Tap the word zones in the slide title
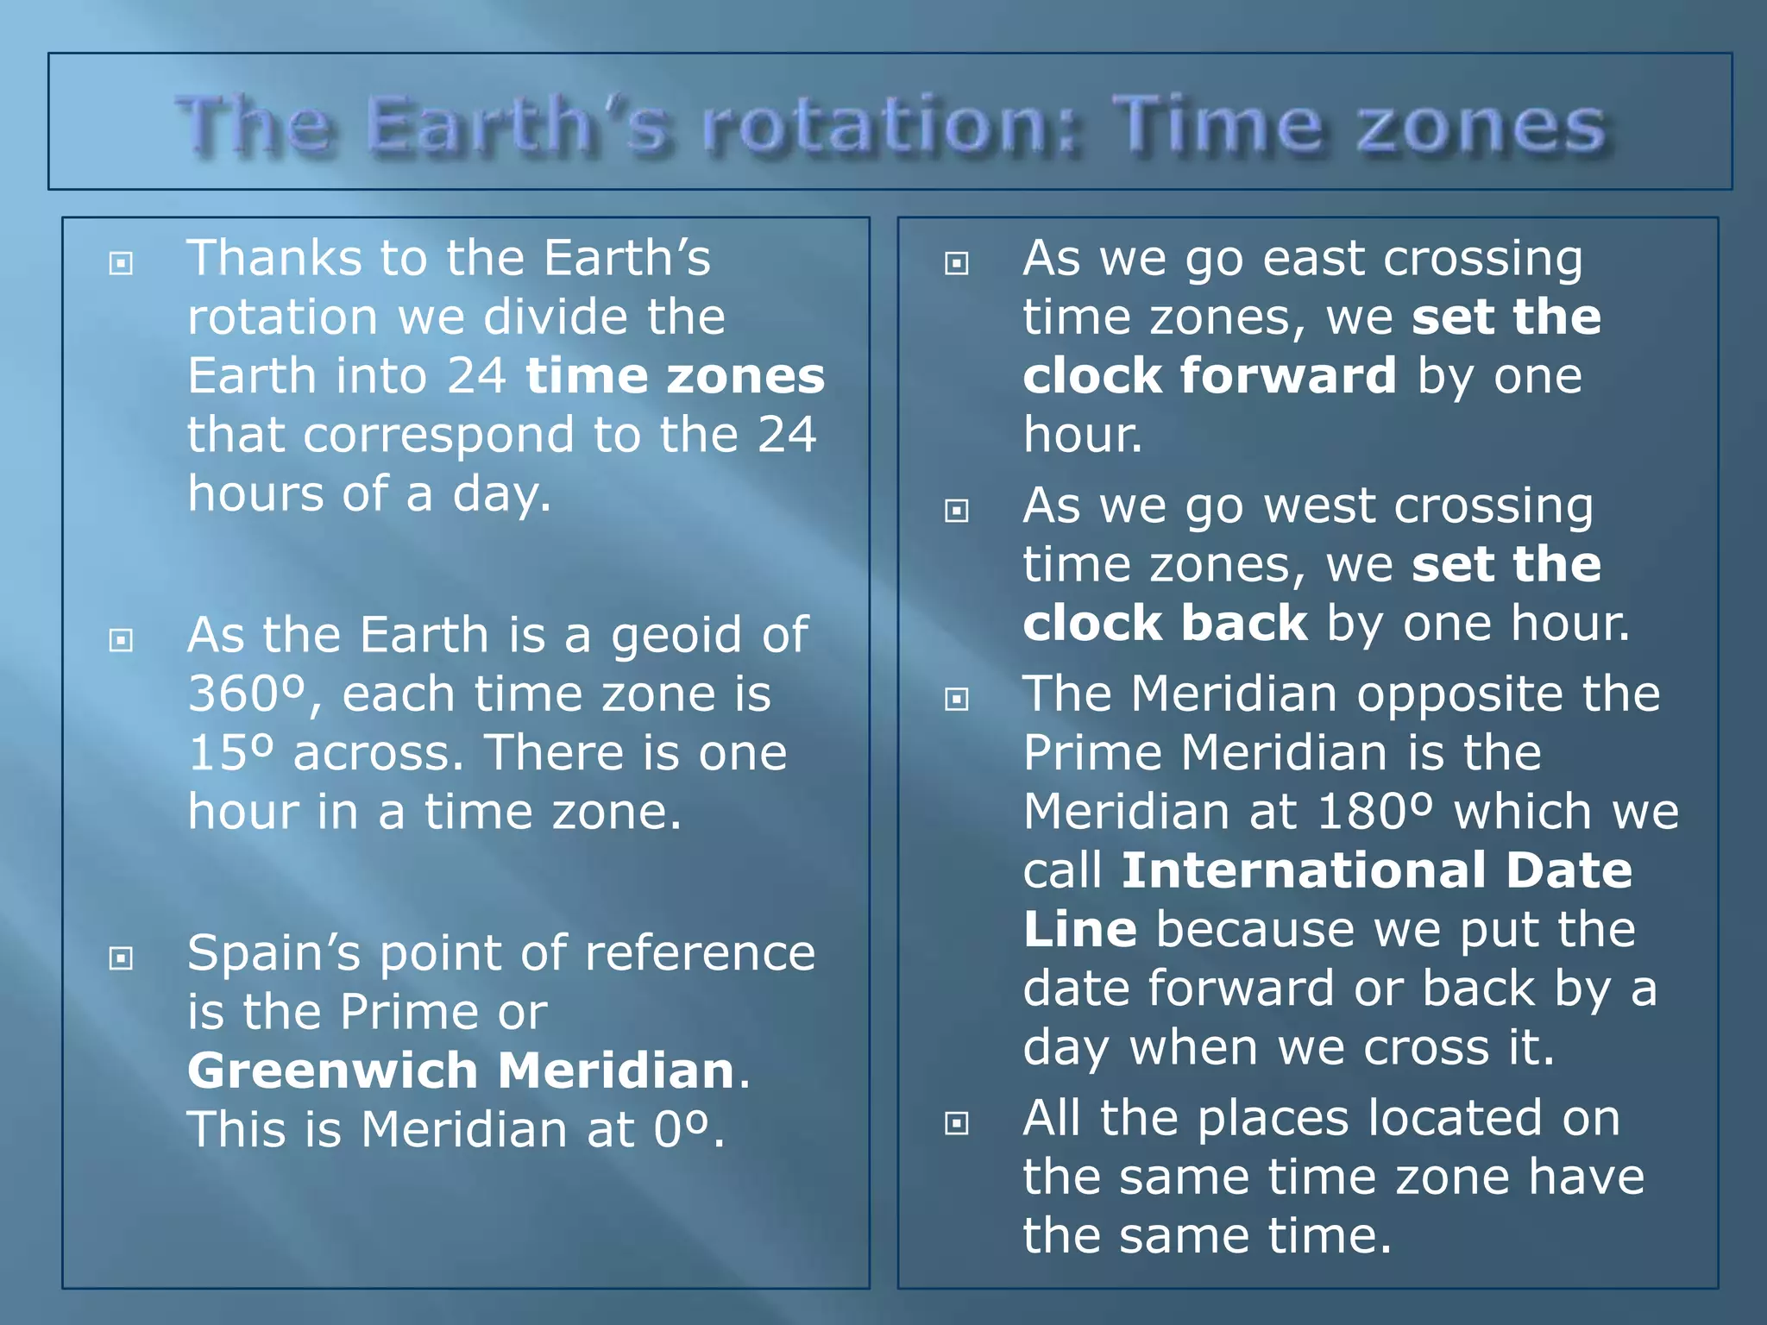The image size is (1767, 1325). pos(1481,128)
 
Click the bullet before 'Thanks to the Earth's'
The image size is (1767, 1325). pos(122,263)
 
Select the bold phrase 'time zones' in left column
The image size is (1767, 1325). pos(676,376)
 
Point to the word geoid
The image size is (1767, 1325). pos(676,637)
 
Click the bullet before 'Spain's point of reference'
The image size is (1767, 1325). pos(122,958)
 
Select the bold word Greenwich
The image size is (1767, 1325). pos(333,1071)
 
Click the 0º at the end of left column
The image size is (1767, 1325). pos(681,1130)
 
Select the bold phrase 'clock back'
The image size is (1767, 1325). pos(1165,624)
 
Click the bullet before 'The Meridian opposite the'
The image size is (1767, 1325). pos(957,699)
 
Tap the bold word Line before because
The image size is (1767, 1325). pos(1079,930)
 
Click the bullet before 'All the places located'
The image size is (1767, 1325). pos(957,1123)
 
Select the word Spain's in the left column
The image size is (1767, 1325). pos(274,954)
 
